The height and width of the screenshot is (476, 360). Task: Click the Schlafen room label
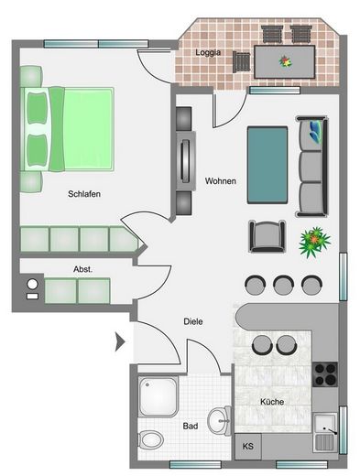coord(82,194)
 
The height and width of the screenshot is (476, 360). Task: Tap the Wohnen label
coord(221,180)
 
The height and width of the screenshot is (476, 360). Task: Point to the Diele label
coord(192,321)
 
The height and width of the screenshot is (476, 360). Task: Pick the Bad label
coord(191,427)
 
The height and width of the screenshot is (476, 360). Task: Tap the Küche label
coord(271,402)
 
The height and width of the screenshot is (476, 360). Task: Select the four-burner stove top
coord(325,373)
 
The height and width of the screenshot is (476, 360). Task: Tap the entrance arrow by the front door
coord(118,343)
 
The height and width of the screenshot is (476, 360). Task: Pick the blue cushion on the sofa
coord(316,130)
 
